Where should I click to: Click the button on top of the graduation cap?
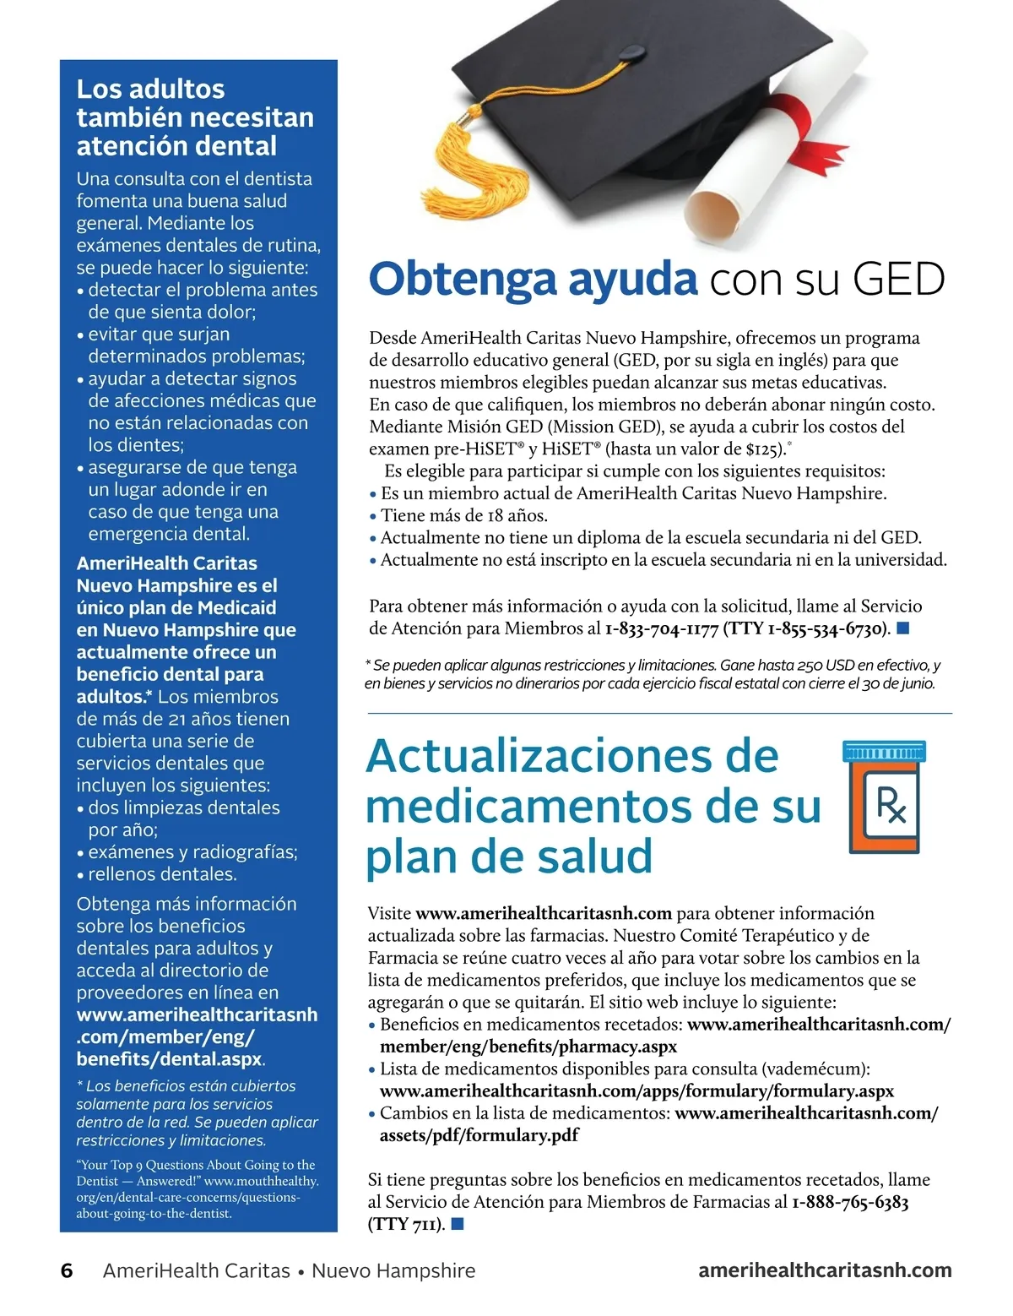[630, 54]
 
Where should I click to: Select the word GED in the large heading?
[898, 280]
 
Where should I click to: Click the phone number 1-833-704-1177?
[662, 628]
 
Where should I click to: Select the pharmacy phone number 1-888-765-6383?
[850, 1202]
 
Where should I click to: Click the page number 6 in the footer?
[67, 1270]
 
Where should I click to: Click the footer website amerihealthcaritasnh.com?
[825, 1270]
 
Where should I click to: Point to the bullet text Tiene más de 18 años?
[463, 515]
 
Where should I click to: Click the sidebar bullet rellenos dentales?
[162, 874]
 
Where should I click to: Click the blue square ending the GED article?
[902, 628]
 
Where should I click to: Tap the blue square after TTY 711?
[458, 1223]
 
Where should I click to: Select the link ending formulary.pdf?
[479, 1135]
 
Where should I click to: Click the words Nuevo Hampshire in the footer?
[393, 1270]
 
